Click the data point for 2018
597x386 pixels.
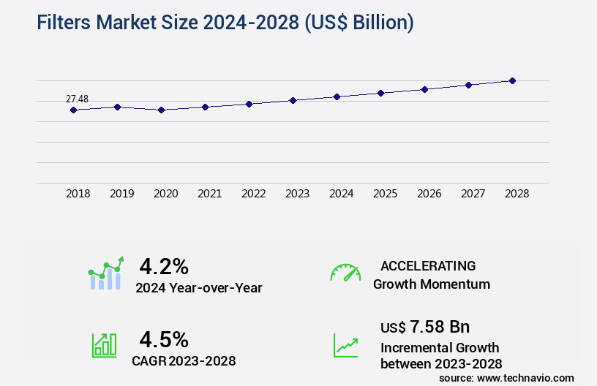pyautogui.click(x=73, y=110)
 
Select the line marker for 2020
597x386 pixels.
pyautogui.click(x=161, y=110)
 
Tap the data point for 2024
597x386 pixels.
pyautogui.click(x=337, y=96)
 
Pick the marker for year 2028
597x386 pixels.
pyautogui.click(x=512, y=80)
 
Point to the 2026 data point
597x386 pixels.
pyautogui.click(x=424, y=89)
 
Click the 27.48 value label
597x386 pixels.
pyautogui.click(x=77, y=99)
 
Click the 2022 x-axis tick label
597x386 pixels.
pyautogui.click(x=253, y=194)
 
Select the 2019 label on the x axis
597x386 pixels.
pyautogui.click(x=121, y=194)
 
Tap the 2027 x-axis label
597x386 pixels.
pyautogui.click(x=473, y=194)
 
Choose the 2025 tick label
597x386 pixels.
pyautogui.click(x=385, y=194)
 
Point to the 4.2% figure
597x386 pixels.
pyautogui.click(x=164, y=265)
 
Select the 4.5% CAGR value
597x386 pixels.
pyautogui.click(x=164, y=338)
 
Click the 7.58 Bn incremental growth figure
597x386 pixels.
pyautogui.click(x=439, y=326)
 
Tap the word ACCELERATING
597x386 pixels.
pyautogui.click(x=428, y=265)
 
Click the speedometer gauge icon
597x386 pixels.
pyautogui.click(x=345, y=273)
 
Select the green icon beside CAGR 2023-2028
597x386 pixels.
pyautogui.click(x=104, y=345)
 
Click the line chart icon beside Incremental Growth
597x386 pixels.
pyautogui.click(x=345, y=345)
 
